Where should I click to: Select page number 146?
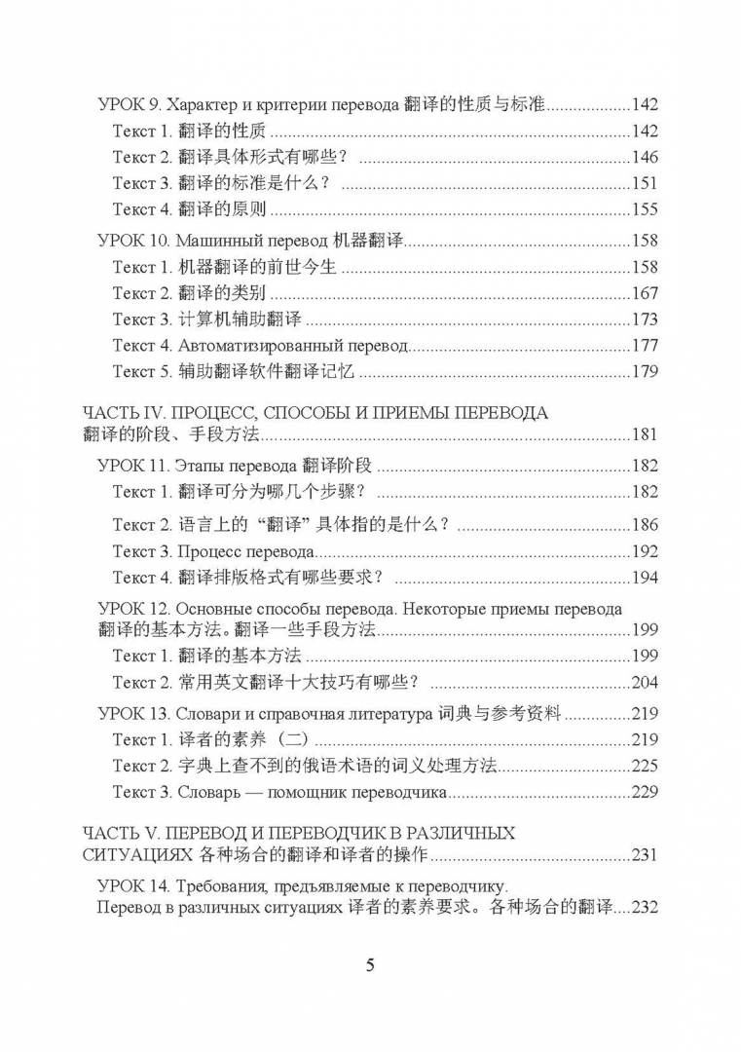click(645, 158)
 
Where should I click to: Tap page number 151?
click(645, 184)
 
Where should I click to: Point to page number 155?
click(645, 210)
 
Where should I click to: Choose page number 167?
click(645, 293)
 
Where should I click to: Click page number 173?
click(645, 319)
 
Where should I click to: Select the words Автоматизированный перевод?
click(293, 346)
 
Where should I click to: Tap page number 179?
click(645, 372)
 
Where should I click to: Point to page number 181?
click(645, 435)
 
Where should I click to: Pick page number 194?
click(645, 578)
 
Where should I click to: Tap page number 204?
click(645, 682)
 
